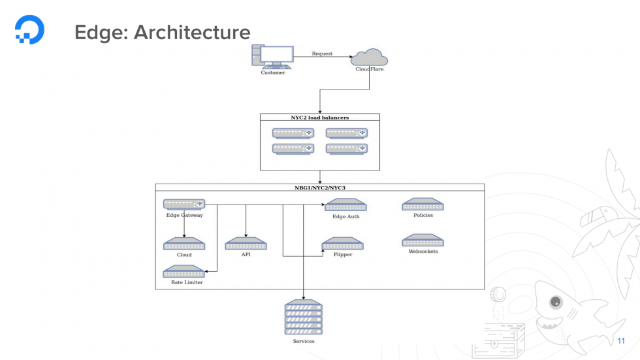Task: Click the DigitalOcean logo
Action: coord(30,30)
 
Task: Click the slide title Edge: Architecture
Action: coord(162,32)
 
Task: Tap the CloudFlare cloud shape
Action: coord(369,57)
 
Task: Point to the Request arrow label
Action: coord(322,54)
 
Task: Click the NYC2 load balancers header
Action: coord(319,118)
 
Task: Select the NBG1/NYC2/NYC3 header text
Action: coord(319,188)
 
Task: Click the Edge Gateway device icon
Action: coord(184,204)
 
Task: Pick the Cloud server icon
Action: coord(184,244)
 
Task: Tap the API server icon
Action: coord(246,244)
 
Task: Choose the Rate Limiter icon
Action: coord(184,271)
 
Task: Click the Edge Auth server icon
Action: coord(345,205)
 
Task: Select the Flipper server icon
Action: coord(343,244)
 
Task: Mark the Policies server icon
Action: coord(423,205)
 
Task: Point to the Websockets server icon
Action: coord(423,240)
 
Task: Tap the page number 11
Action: coord(620,341)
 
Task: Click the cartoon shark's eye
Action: coord(556,302)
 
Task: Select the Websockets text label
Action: coord(423,252)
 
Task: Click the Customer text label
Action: coord(272,73)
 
